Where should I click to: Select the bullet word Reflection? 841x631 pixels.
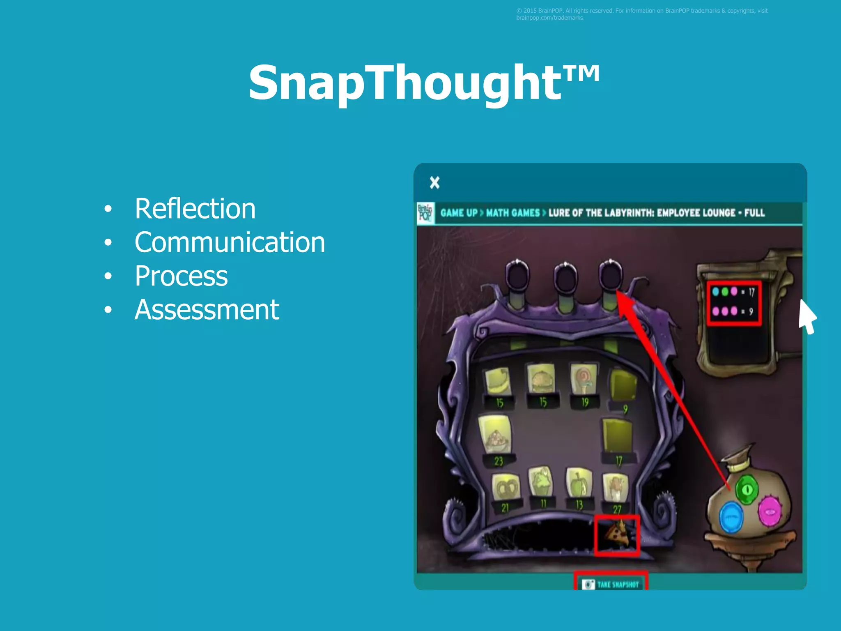(195, 209)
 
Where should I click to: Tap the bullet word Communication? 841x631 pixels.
(230, 242)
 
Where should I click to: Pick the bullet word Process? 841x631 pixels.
(181, 276)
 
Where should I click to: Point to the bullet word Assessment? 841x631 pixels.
(207, 310)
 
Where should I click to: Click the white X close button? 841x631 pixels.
(434, 182)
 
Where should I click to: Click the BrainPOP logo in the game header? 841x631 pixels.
(425, 213)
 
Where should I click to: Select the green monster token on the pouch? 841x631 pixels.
(747, 489)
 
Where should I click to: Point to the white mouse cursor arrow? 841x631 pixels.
(806, 315)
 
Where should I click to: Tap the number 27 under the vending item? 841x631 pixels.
(617, 510)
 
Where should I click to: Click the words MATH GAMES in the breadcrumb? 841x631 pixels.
(513, 213)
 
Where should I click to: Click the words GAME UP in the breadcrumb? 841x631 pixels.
(459, 213)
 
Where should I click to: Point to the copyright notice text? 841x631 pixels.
(641, 14)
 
